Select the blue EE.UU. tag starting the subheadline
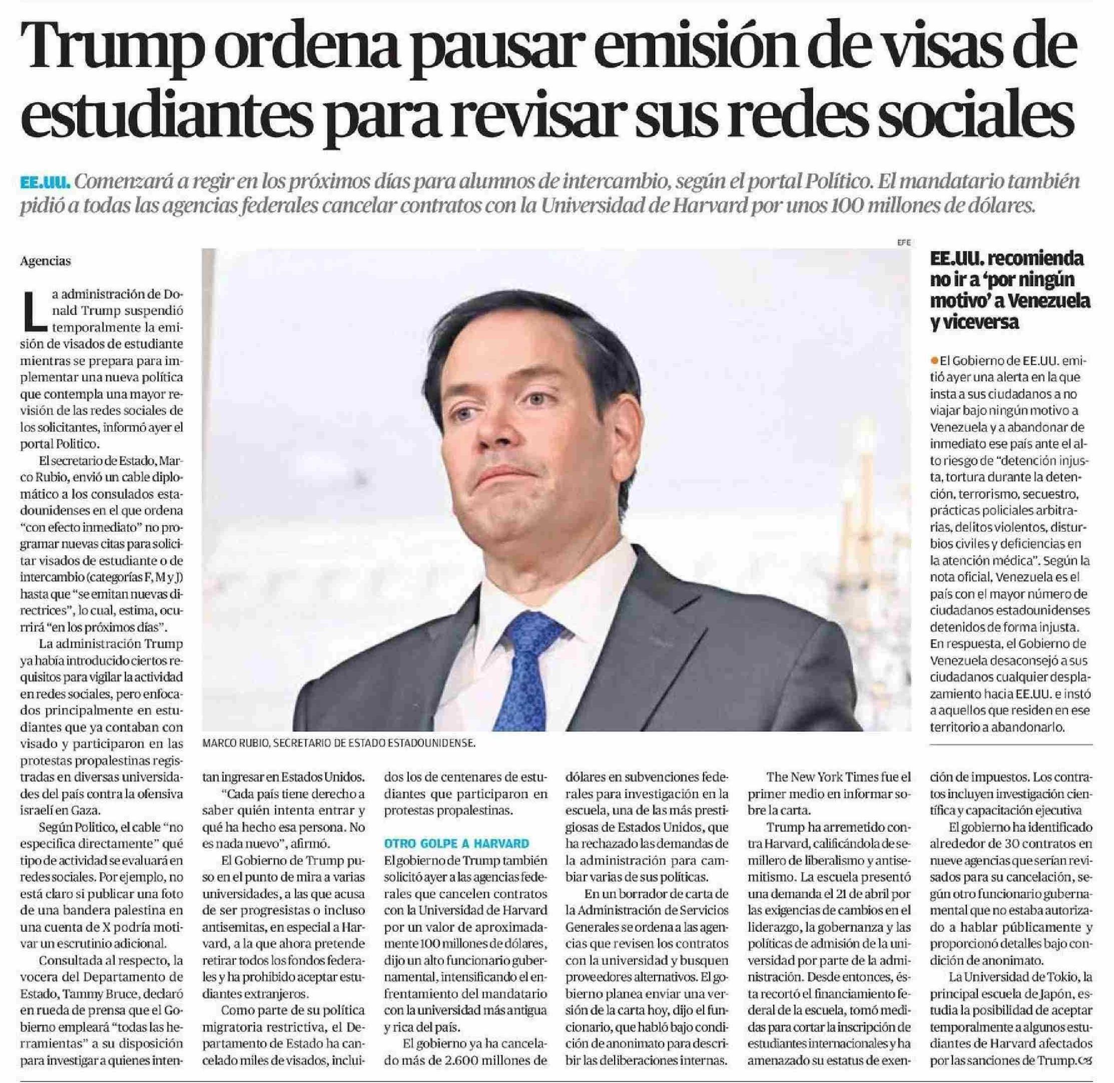click(x=45, y=183)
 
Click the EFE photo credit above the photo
click(x=904, y=242)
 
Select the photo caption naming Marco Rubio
click(x=338, y=744)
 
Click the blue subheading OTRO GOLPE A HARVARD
click(x=456, y=844)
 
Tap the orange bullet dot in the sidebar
click(x=934, y=360)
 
